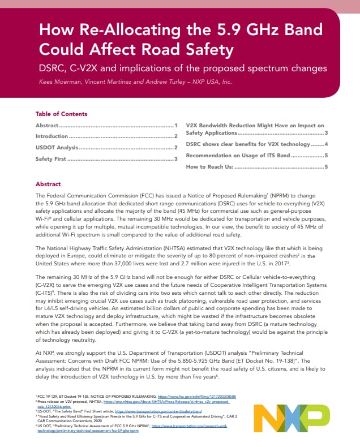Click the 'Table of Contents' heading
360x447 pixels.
(x=61, y=114)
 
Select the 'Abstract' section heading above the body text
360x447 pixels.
(x=48, y=184)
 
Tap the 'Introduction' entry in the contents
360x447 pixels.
(x=52, y=136)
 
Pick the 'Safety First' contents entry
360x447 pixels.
(x=51, y=159)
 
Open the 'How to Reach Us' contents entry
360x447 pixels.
(x=209, y=166)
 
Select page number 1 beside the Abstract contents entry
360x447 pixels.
(x=176, y=125)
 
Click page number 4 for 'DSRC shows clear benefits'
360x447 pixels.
(x=327, y=144)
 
